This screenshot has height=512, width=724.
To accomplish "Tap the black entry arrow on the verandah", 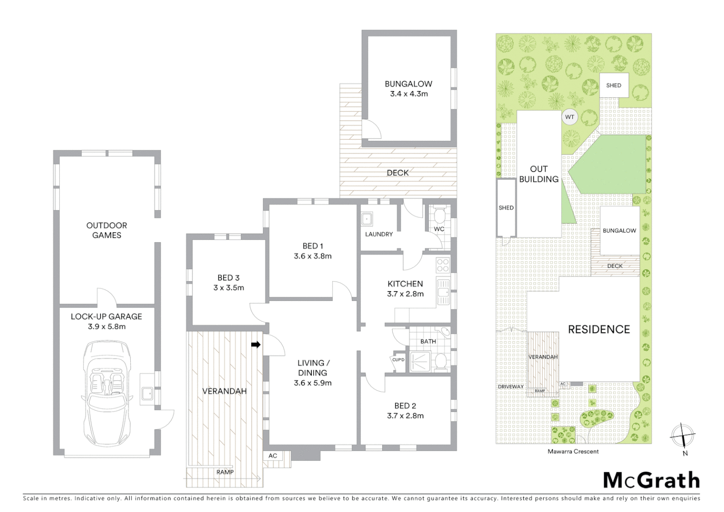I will click(x=256, y=345).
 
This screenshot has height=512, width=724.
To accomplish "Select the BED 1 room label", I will click(x=312, y=246).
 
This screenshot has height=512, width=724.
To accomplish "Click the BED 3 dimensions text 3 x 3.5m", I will click(x=228, y=288).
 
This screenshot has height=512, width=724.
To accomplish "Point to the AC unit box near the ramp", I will click(x=273, y=456).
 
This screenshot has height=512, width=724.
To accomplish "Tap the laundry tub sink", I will click(x=367, y=219).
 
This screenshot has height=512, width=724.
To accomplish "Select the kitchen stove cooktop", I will click(x=443, y=264).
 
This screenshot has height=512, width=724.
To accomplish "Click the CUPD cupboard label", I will click(x=398, y=360).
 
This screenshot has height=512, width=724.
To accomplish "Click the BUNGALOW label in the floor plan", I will click(x=408, y=84).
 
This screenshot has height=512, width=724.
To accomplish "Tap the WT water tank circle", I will click(x=570, y=117).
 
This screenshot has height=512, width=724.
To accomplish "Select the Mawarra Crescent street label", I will click(x=573, y=452).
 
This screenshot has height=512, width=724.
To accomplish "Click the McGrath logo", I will click(x=651, y=480).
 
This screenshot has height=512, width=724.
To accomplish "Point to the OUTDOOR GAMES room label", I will click(x=107, y=230).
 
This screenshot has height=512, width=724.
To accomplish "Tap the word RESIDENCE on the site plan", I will click(x=599, y=329).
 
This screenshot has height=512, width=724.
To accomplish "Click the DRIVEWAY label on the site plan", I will click(x=510, y=387).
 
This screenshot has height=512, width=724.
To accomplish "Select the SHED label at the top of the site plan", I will click(x=614, y=85).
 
